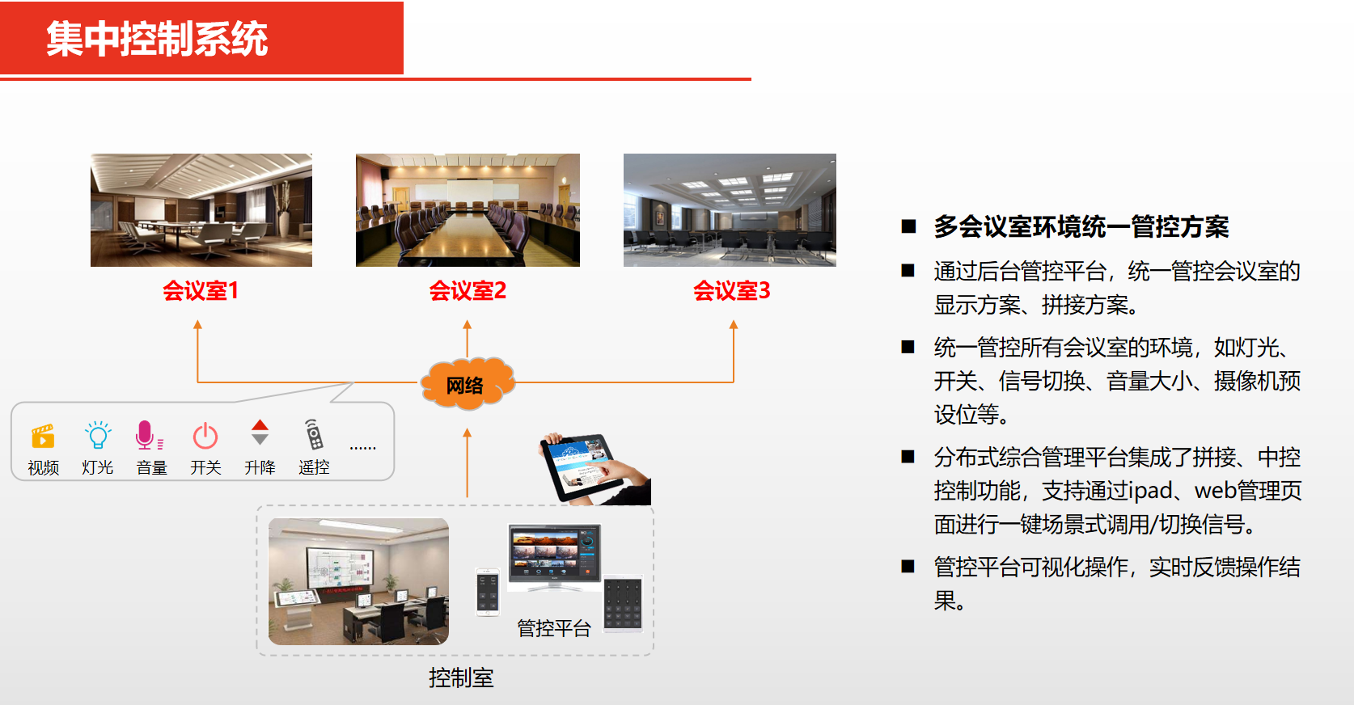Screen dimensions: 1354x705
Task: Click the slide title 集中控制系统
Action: (x=157, y=39)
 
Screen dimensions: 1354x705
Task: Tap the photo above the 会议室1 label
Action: (x=201, y=209)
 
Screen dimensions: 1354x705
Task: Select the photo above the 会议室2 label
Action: (x=468, y=209)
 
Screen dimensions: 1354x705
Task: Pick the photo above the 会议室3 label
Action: (x=730, y=209)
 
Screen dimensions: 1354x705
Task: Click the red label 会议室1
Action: (x=201, y=290)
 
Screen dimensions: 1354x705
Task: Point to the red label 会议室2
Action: (x=468, y=290)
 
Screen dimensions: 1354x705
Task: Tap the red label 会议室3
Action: (x=731, y=290)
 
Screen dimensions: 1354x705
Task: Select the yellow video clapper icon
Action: (x=43, y=436)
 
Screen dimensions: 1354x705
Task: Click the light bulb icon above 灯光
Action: (x=97, y=435)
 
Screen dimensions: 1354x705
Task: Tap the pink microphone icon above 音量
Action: (x=148, y=435)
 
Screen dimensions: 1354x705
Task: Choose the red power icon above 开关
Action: (x=205, y=436)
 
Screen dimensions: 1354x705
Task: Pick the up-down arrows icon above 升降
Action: (x=260, y=432)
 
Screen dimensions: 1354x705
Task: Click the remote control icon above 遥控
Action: (x=314, y=434)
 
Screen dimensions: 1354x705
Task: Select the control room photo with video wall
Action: (x=358, y=581)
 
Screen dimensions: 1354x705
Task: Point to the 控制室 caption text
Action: (x=461, y=678)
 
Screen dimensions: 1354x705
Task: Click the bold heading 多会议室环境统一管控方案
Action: (x=1081, y=226)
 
